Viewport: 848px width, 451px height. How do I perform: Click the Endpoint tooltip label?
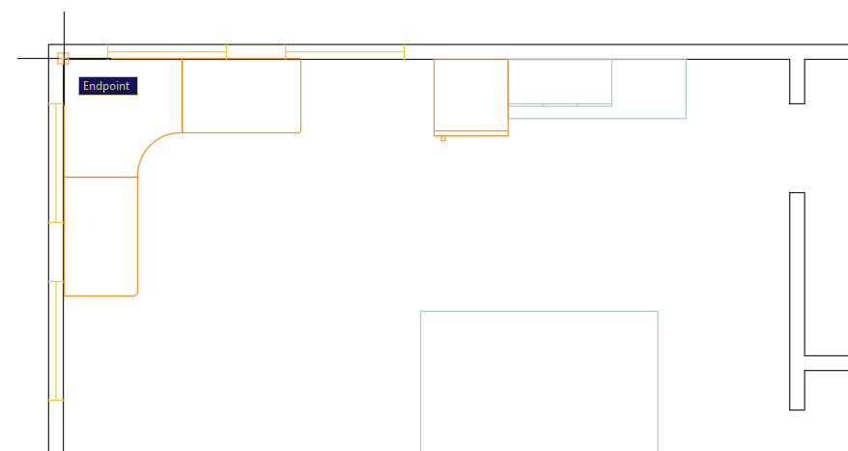(x=107, y=86)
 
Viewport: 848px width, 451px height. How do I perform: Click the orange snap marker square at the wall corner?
(x=64, y=58)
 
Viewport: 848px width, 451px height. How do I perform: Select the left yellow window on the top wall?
(x=167, y=52)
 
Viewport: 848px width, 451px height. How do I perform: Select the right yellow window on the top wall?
(x=345, y=52)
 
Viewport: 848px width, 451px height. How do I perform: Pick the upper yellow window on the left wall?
(x=56, y=163)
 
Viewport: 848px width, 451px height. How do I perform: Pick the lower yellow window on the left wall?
(x=56, y=341)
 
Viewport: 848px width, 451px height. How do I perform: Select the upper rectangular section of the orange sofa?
(x=241, y=96)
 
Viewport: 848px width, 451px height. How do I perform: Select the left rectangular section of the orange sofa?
(x=100, y=237)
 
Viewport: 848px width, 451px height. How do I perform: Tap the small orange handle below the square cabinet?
(x=443, y=138)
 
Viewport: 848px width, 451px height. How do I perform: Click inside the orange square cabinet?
(x=471, y=96)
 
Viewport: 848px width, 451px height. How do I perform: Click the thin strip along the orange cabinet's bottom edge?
(x=471, y=133)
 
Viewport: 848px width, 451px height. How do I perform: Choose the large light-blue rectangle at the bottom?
(x=539, y=381)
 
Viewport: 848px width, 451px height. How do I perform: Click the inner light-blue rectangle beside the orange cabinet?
(x=560, y=83)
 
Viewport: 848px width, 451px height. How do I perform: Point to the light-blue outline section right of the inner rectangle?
(x=649, y=89)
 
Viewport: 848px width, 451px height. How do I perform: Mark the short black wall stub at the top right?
(x=797, y=81)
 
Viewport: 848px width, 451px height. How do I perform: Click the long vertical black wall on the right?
(x=797, y=301)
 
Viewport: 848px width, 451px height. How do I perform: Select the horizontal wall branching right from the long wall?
(x=827, y=363)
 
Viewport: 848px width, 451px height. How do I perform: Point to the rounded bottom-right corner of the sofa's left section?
(x=135, y=294)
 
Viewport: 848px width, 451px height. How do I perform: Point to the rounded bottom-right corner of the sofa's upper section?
(x=298, y=130)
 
